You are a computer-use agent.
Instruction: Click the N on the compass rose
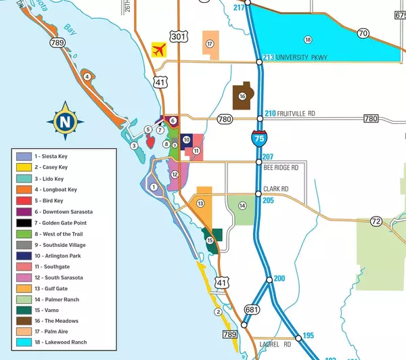click(x=64, y=122)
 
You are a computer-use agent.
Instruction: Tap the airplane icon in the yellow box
click(x=160, y=49)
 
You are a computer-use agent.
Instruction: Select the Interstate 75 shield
click(x=258, y=139)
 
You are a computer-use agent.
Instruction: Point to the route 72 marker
click(x=377, y=221)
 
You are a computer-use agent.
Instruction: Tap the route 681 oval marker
click(x=251, y=310)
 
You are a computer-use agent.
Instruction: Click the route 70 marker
click(x=363, y=33)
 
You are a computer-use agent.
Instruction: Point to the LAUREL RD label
click(x=275, y=344)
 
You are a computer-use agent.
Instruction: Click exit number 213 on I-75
click(x=269, y=58)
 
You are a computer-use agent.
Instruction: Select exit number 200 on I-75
click(x=279, y=278)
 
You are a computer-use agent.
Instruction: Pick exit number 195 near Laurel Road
click(x=308, y=336)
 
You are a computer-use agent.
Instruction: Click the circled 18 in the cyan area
click(x=308, y=40)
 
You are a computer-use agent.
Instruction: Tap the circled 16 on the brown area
click(x=242, y=96)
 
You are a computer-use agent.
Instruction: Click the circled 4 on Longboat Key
click(x=87, y=76)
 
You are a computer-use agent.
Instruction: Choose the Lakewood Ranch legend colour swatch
click(x=24, y=342)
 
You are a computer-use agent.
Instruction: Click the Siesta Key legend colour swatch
click(x=24, y=156)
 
